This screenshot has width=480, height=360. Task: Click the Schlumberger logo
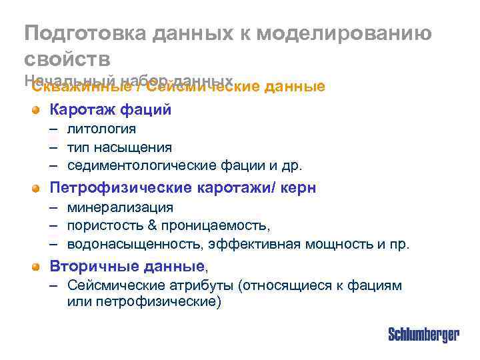coord(423,334)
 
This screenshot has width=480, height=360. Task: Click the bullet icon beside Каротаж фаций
coord(41,110)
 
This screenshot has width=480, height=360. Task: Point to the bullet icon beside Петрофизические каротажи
coord(41,189)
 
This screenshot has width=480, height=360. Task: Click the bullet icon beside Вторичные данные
coord(41,267)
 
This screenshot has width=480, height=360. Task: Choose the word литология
coord(101,129)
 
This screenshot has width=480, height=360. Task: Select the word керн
coord(298,189)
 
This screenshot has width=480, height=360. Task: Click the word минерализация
coord(120,208)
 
